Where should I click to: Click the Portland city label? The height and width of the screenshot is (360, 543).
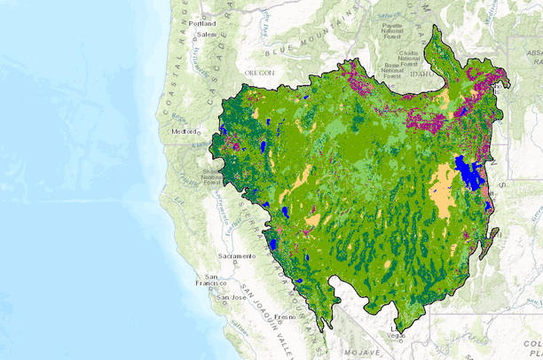click(x=215, y=23)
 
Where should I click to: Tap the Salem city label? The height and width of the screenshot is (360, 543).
click(x=207, y=34)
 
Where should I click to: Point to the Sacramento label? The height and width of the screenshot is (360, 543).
click(x=236, y=256)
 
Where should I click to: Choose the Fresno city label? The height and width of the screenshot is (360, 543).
click(x=285, y=316)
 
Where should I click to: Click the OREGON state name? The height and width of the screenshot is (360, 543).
click(x=260, y=72)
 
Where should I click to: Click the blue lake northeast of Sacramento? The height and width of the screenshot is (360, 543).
click(x=274, y=242)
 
